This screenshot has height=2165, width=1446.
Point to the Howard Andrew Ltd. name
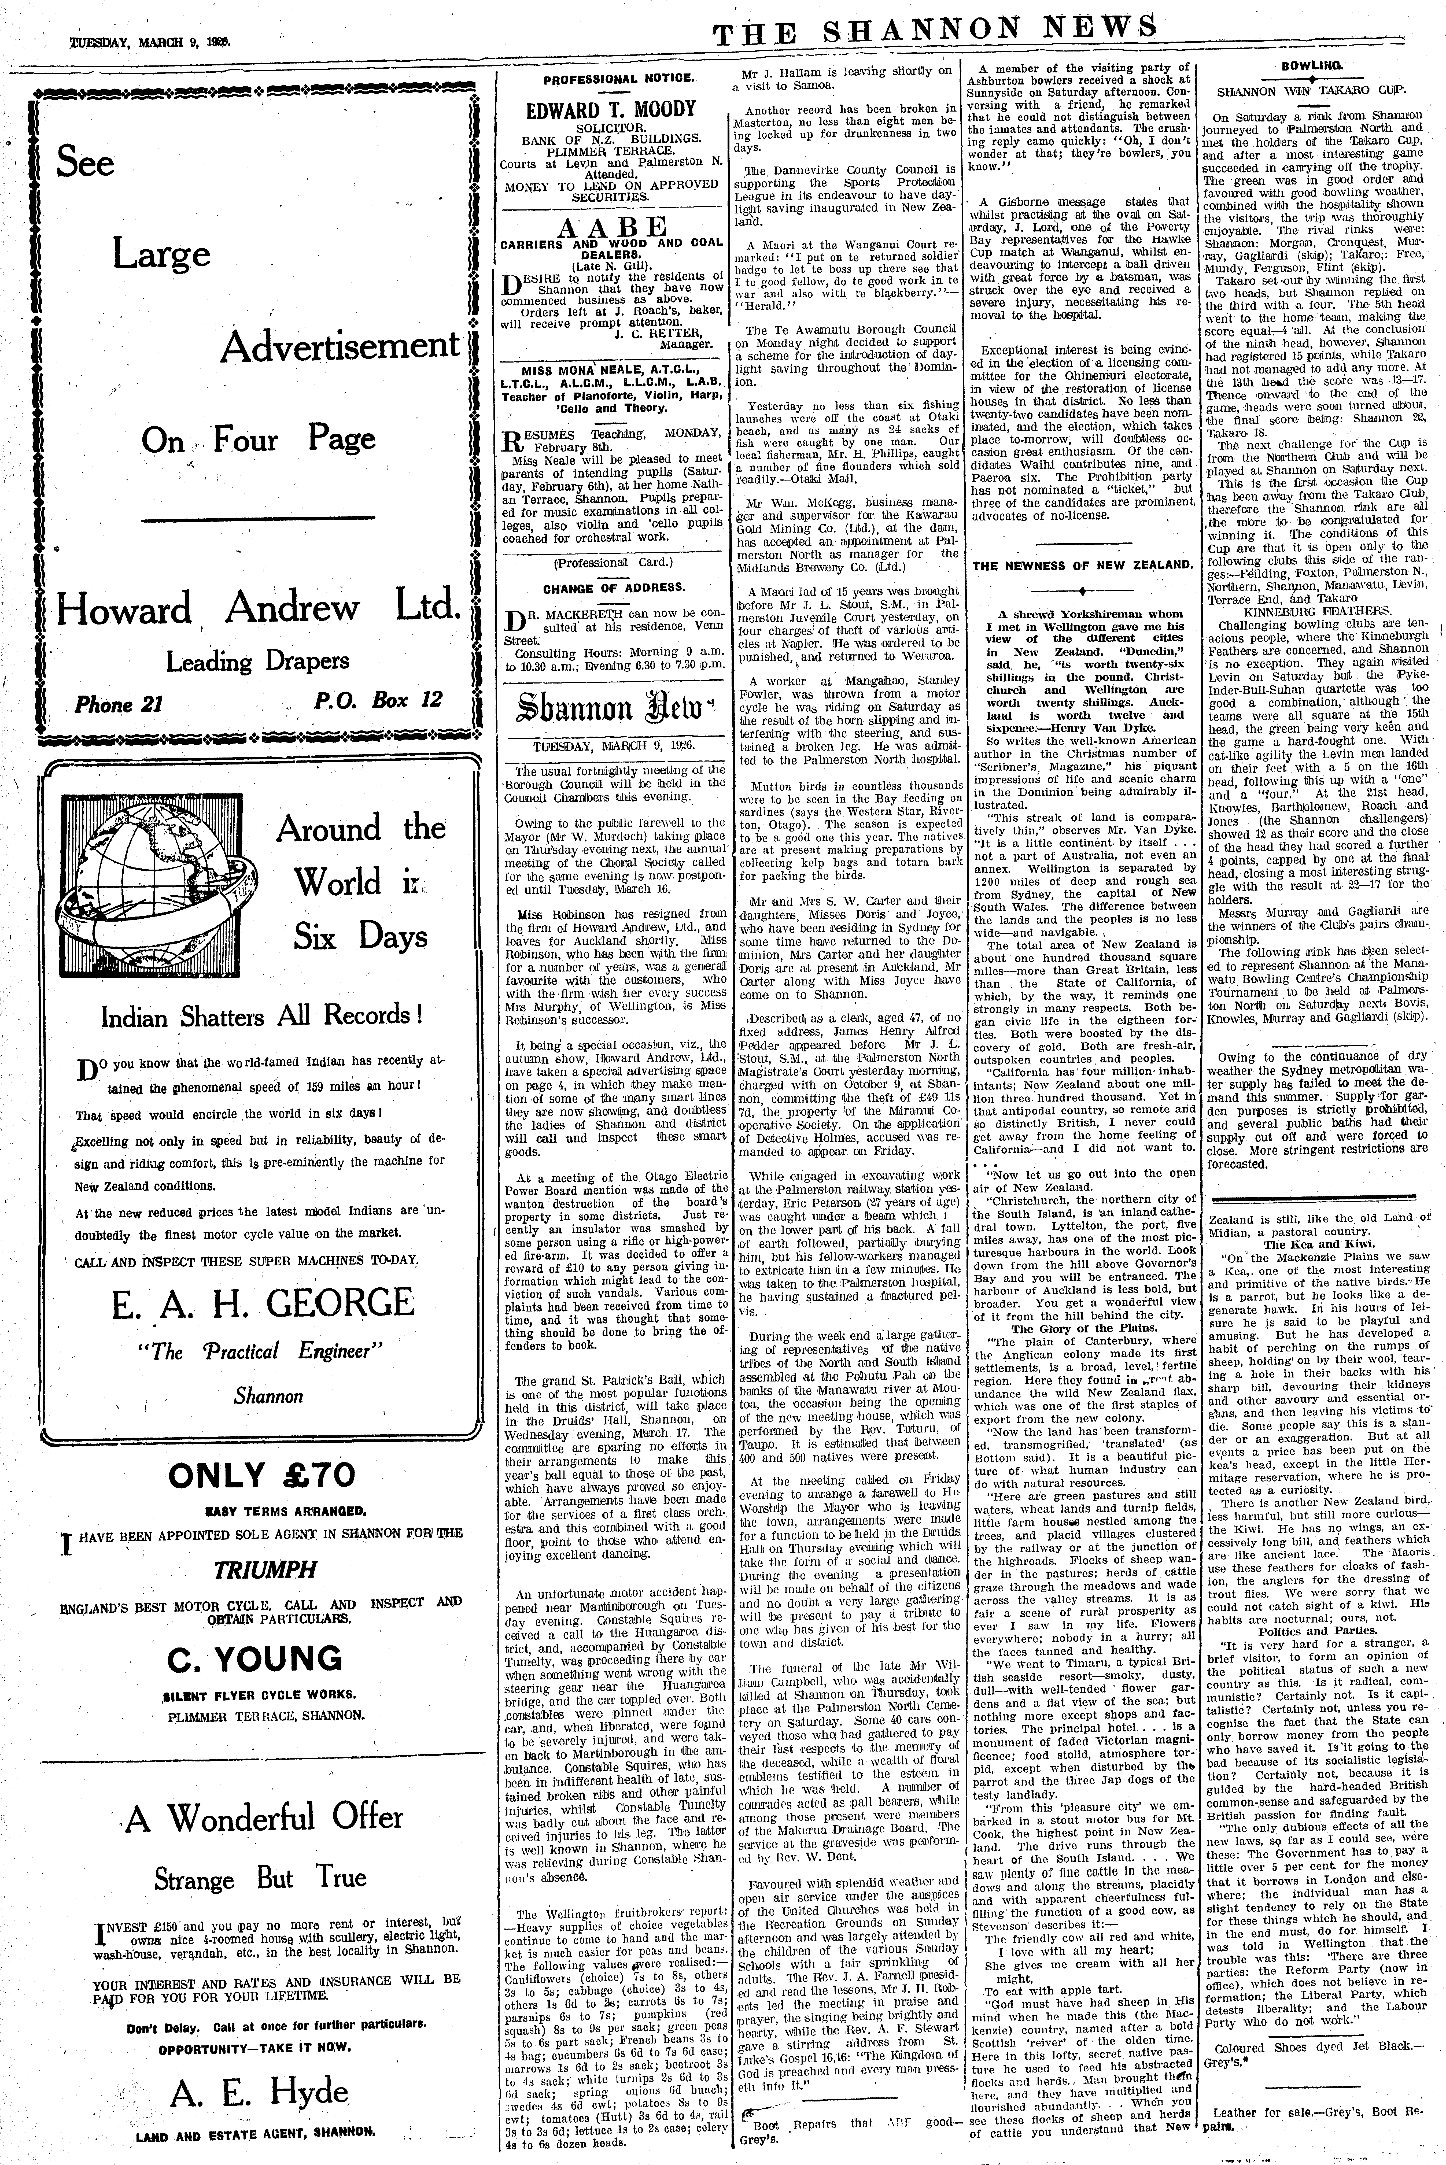(258, 608)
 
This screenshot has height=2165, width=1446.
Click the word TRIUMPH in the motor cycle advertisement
(261, 1568)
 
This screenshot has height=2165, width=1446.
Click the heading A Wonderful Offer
(265, 1810)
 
